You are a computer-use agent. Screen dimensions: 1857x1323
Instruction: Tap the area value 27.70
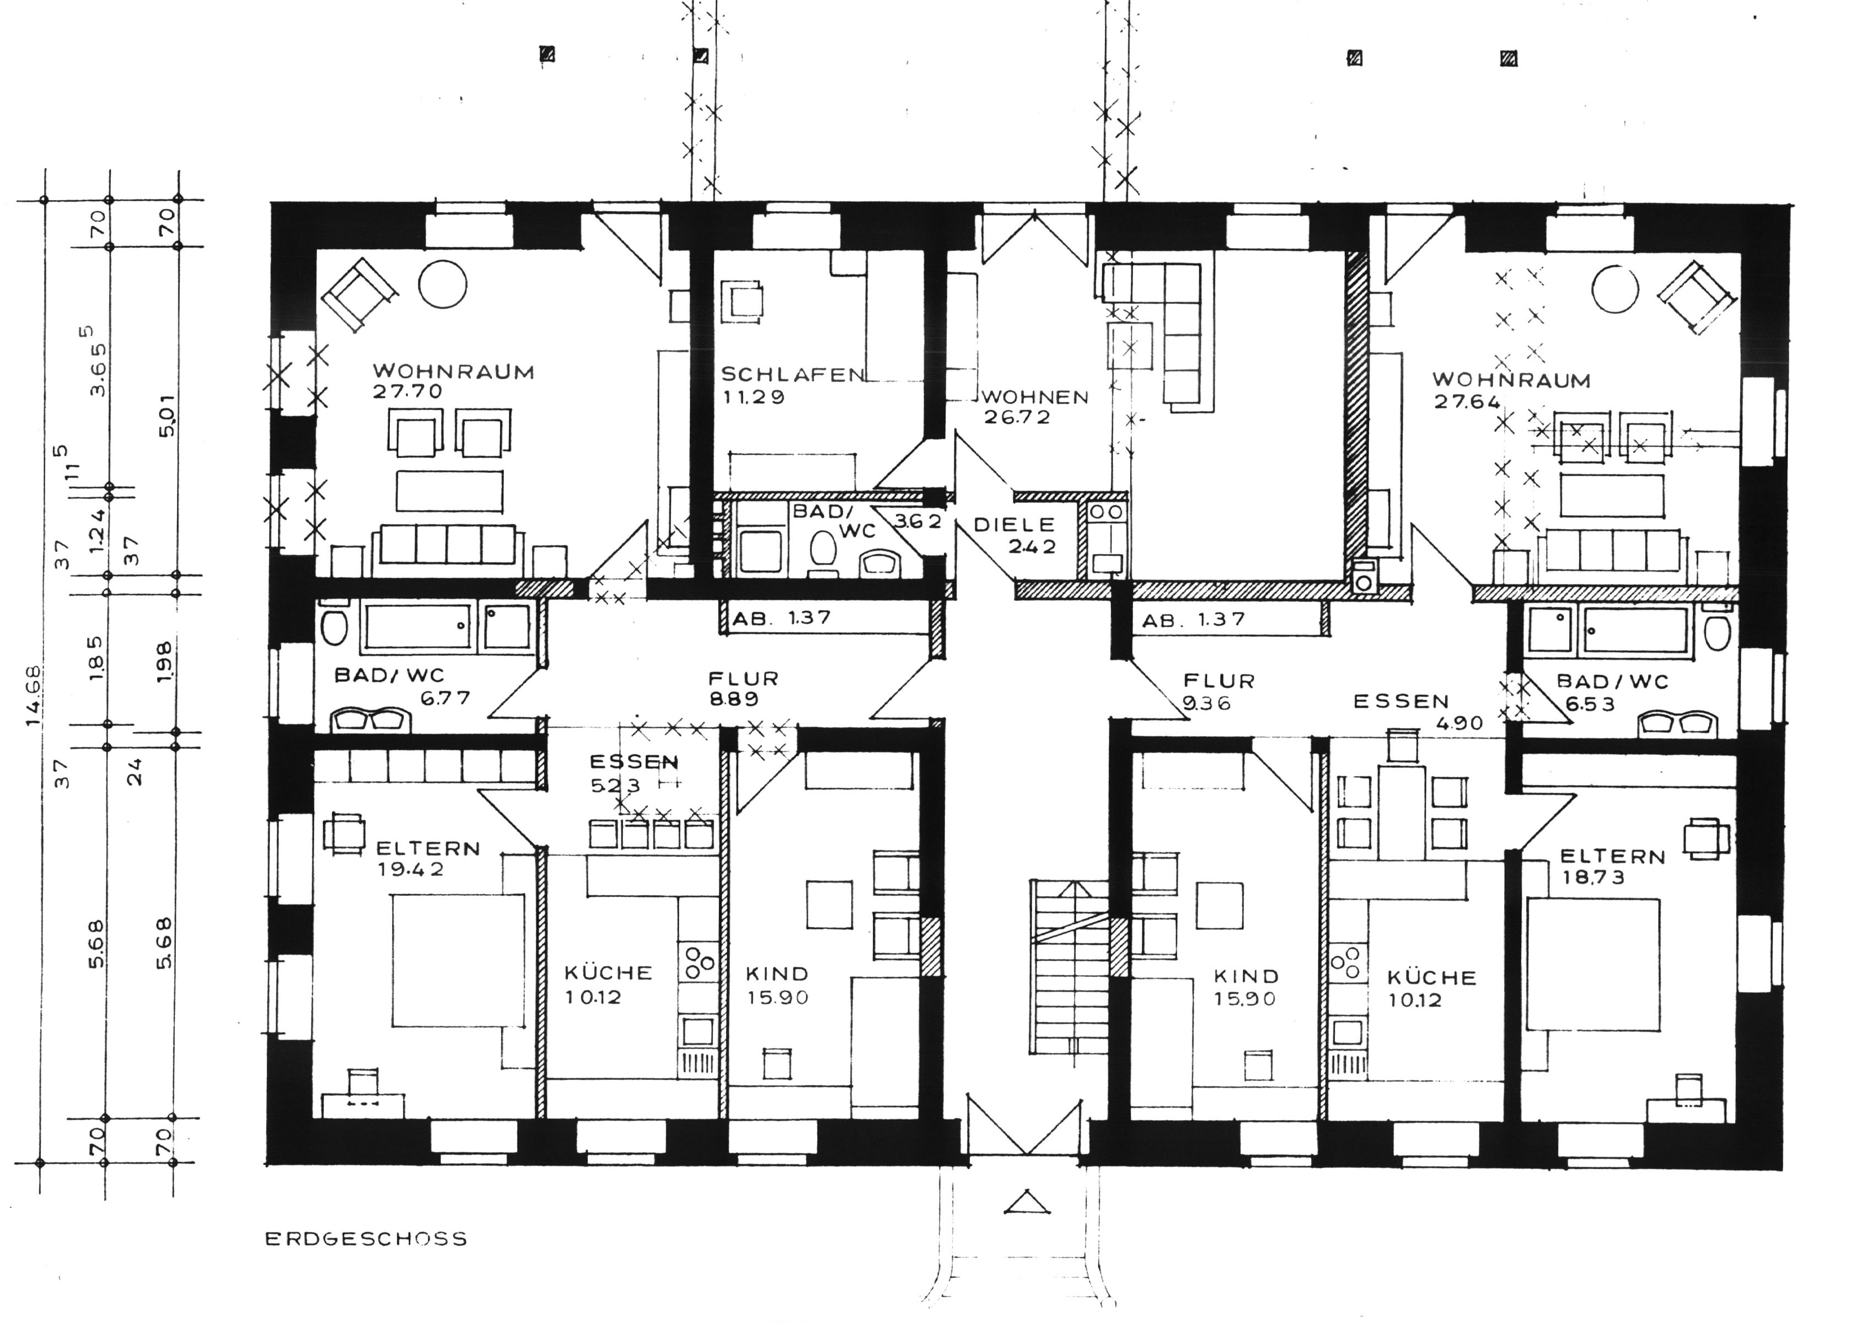tap(407, 391)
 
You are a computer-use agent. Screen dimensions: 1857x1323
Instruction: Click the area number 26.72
tap(1017, 417)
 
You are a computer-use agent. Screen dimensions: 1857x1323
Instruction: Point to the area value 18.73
tap(1593, 878)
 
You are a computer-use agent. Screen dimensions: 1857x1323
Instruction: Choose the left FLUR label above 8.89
tap(743, 678)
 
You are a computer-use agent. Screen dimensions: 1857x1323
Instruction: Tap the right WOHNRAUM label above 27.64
tap(1511, 380)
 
